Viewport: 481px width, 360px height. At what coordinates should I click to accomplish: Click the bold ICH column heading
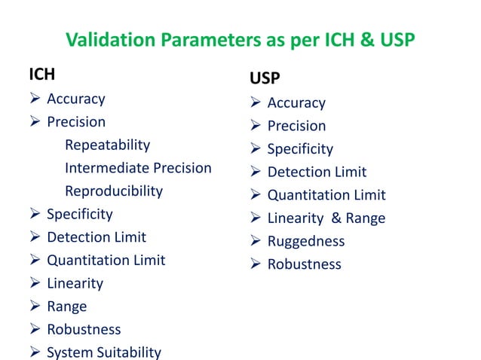point(41,75)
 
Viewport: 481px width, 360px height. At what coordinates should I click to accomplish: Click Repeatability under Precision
point(107,145)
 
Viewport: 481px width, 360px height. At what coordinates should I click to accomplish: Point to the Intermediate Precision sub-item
point(138,168)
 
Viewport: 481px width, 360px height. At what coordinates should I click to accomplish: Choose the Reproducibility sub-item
point(113,191)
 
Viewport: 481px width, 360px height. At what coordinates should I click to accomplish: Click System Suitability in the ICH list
point(104,352)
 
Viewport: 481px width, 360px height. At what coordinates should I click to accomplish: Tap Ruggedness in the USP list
point(306,241)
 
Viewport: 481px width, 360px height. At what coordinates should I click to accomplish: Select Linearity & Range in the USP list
point(326,218)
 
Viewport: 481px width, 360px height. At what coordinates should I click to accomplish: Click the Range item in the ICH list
point(66,307)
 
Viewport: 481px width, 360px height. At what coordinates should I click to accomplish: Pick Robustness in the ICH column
point(84,329)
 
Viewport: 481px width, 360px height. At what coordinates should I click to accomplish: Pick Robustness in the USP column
point(304,264)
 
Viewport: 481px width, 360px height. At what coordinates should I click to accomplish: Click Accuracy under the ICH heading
point(76,99)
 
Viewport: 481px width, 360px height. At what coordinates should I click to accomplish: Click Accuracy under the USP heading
point(296,102)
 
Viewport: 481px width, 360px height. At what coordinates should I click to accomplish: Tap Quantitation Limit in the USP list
point(326,195)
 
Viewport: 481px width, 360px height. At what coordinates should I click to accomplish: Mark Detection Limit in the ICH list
point(97,237)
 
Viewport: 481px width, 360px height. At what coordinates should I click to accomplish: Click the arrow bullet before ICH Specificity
point(35,215)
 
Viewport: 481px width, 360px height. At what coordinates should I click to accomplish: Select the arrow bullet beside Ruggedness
point(256,241)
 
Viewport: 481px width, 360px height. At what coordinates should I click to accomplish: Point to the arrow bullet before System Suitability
point(35,352)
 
